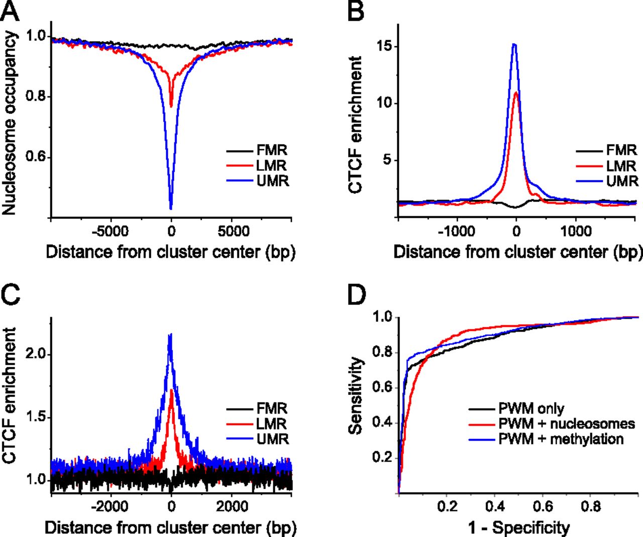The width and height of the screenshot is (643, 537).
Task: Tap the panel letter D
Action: (x=357, y=297)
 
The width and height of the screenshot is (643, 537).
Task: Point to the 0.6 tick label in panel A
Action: (x=36, y=158)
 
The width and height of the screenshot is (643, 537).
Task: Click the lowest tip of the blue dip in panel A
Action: (x=171, y=208)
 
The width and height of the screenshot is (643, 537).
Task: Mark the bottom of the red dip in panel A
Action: (x=171, y=106)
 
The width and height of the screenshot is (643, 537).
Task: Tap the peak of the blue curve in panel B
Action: (x=514, y=44)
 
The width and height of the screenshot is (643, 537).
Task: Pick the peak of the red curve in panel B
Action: (x=517, y=92)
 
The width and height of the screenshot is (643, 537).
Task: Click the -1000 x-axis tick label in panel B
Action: (x=457, y=231)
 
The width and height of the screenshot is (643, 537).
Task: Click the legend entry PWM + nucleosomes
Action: (x=567, y=424)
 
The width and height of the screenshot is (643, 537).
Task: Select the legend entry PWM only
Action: (x=531, y=409)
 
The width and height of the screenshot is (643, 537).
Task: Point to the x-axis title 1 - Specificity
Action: (x=519, y=527)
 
